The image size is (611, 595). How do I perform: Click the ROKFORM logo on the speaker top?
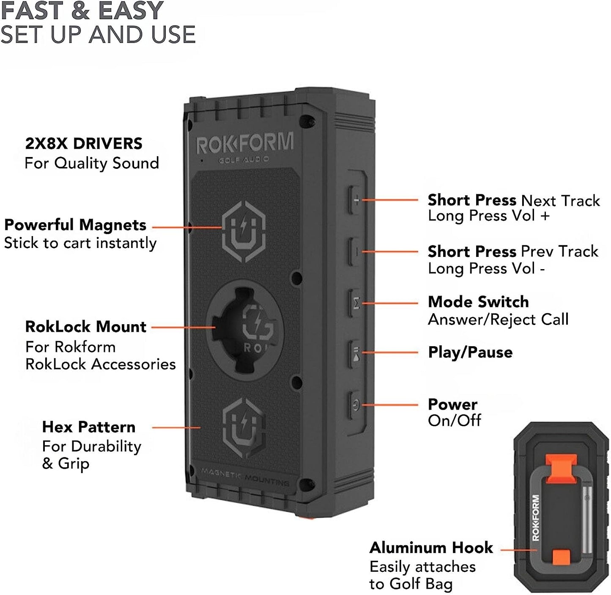tap(245, 144)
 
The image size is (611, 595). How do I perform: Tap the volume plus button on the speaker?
tap(356, 200)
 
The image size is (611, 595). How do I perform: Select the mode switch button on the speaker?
tap(356, 303)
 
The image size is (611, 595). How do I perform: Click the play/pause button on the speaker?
tap(356, 353)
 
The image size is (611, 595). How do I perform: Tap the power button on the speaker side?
tap(356, 405)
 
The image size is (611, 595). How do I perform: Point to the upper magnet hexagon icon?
tap(244, 231)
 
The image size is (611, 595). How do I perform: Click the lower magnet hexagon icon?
tap(244, 428)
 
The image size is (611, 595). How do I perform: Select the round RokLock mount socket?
tap(245, 330)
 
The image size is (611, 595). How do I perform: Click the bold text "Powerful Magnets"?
tap(75, 225)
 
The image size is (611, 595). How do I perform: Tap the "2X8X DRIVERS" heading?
tap(84, 143)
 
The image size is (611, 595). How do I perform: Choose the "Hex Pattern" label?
tap(89, 427)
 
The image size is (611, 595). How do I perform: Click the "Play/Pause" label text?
tap(470, 352)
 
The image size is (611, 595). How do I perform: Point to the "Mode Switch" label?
tap(478, 302)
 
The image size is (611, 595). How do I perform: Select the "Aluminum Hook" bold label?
tap(431, 548)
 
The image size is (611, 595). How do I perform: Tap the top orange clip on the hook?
tap(561, 465)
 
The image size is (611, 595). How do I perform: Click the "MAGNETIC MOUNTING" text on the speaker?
tap(245, 477)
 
